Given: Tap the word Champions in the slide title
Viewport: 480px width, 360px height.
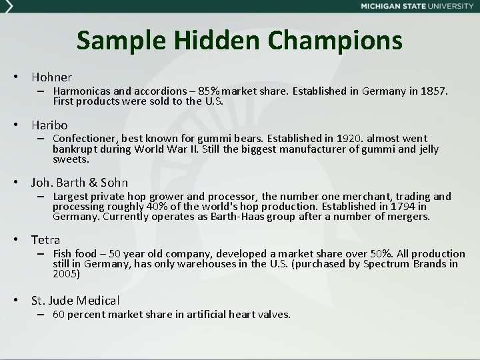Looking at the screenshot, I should point(336,41).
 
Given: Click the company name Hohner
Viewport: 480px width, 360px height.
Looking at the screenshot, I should point(51,77).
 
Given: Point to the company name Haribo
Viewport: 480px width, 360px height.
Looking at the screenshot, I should point(49,125).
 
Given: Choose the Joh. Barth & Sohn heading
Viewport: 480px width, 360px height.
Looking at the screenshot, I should point(79,182).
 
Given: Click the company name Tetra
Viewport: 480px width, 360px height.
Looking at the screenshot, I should point(45,239).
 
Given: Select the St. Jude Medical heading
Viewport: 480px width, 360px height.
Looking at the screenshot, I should point(75,301).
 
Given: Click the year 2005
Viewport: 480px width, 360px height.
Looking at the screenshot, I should point(66,273).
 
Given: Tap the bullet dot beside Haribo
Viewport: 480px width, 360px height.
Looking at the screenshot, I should point(22,125).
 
